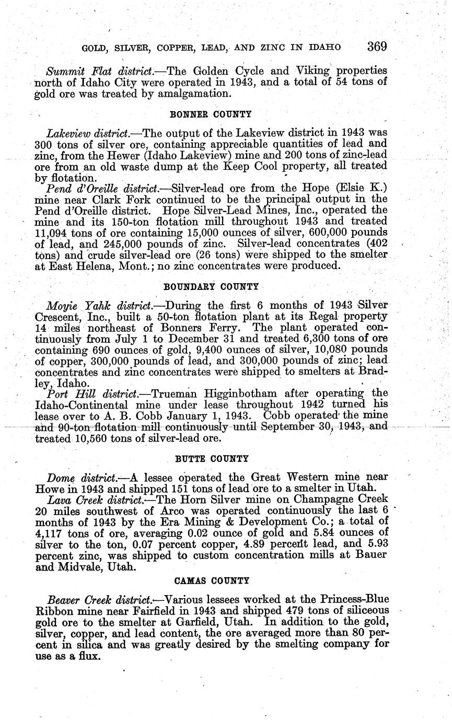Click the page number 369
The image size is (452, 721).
point(376,46)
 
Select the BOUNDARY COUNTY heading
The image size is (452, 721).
point(211,287)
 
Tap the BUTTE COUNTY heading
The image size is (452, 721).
point(211,459)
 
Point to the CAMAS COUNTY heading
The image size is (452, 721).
point(211,580)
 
